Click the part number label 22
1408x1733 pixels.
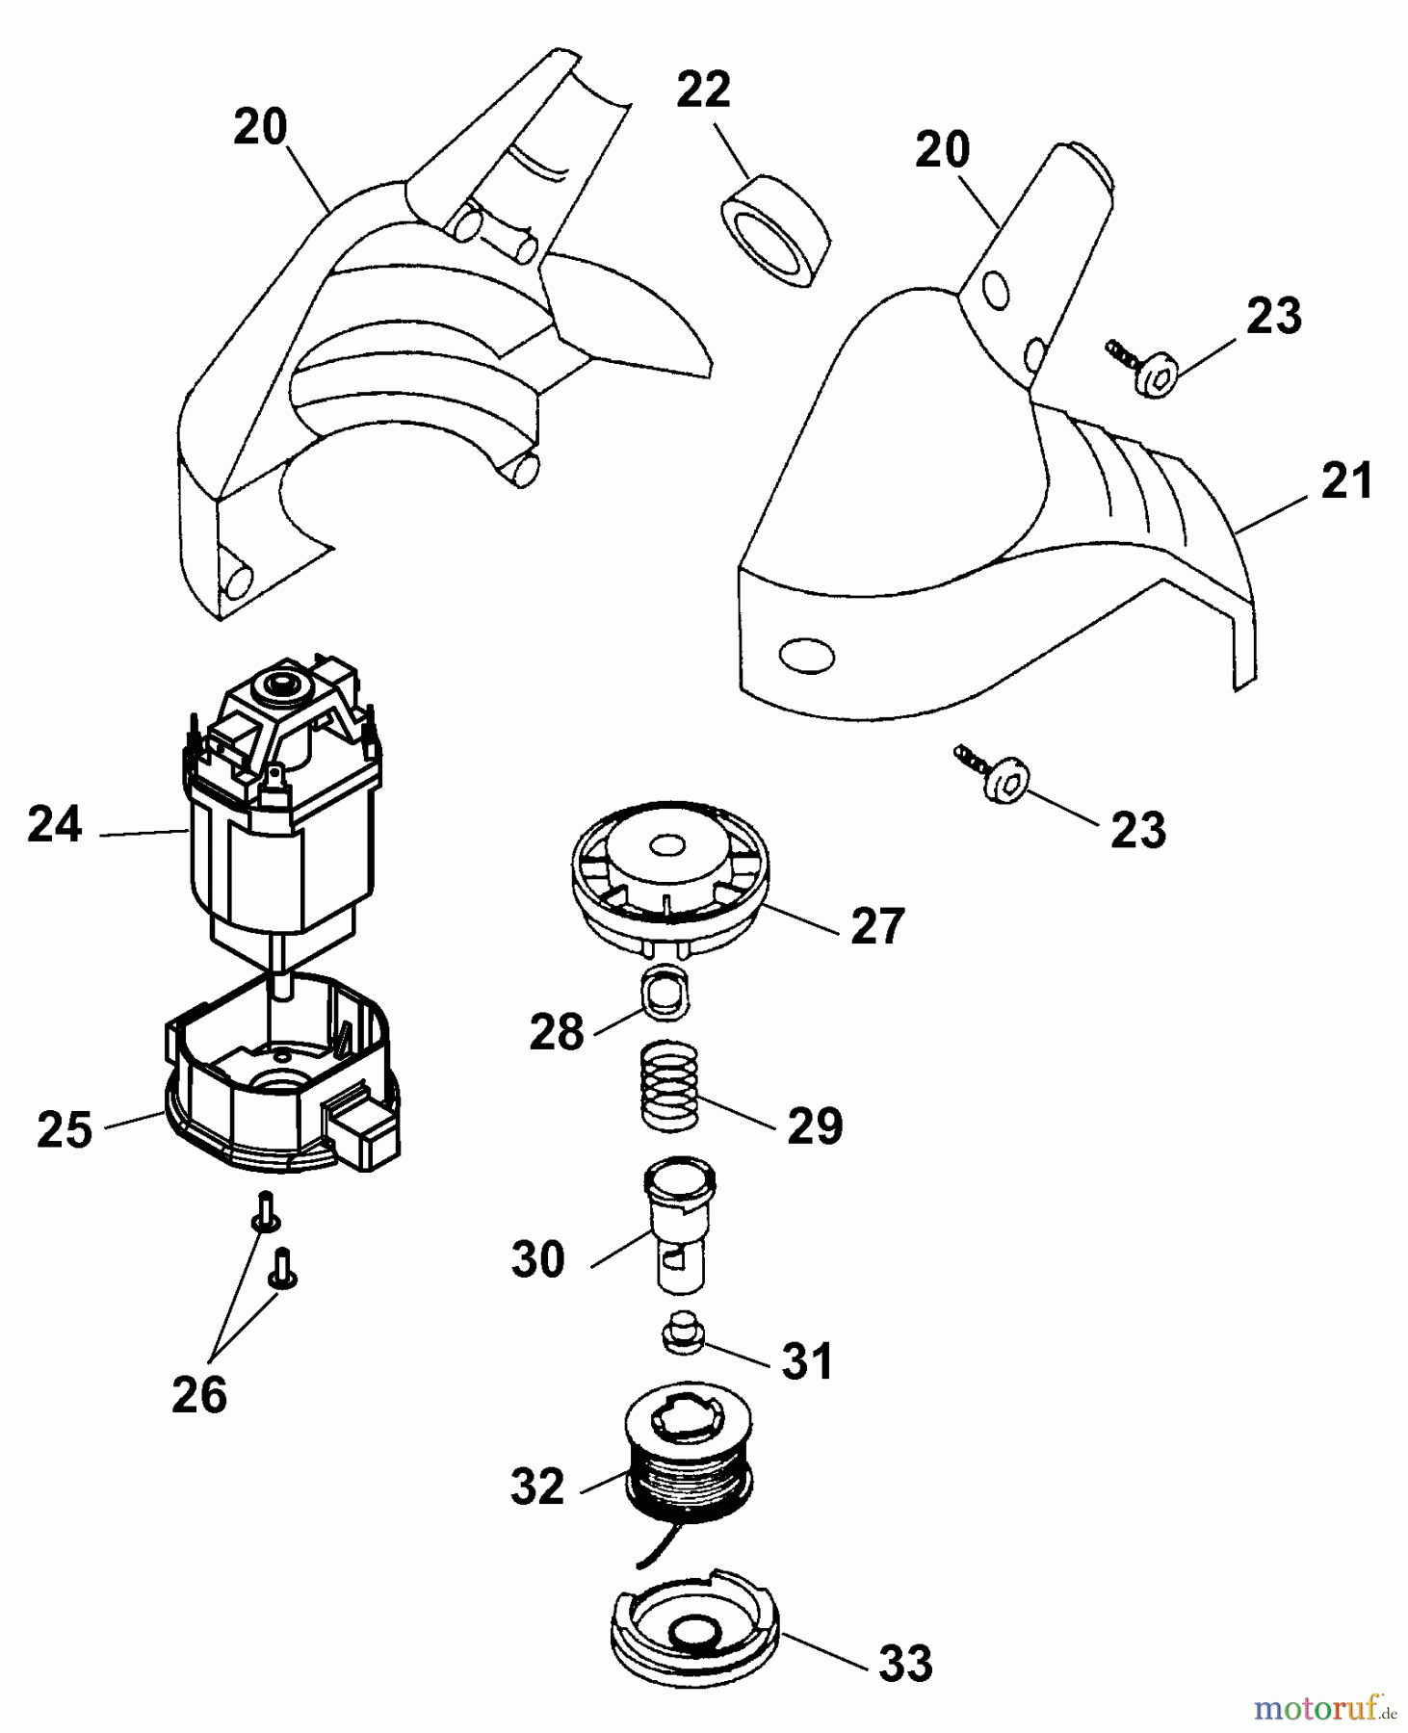[x=703, y=91]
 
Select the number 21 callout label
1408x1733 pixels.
[x=1345, y=481]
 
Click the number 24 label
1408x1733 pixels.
[x=55, y=826]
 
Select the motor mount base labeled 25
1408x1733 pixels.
[x=279, y=1098]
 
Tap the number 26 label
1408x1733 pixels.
[x=199, y=1395]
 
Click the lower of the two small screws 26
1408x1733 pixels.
[x=283, y=1271]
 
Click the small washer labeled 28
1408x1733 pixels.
[x=665, y=995]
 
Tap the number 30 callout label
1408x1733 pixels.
[x=537, y=1259]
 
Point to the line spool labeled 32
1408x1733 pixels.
[x=688, y=1454]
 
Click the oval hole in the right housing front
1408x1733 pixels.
[x=805, y=657]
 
